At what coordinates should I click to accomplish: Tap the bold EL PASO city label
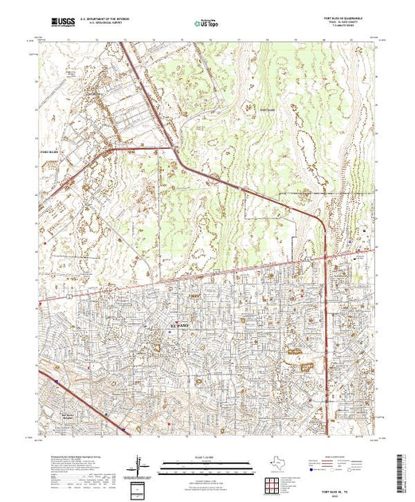[x=180, y=327]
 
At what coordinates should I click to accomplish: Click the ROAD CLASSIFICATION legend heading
[x=342, y=457]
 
